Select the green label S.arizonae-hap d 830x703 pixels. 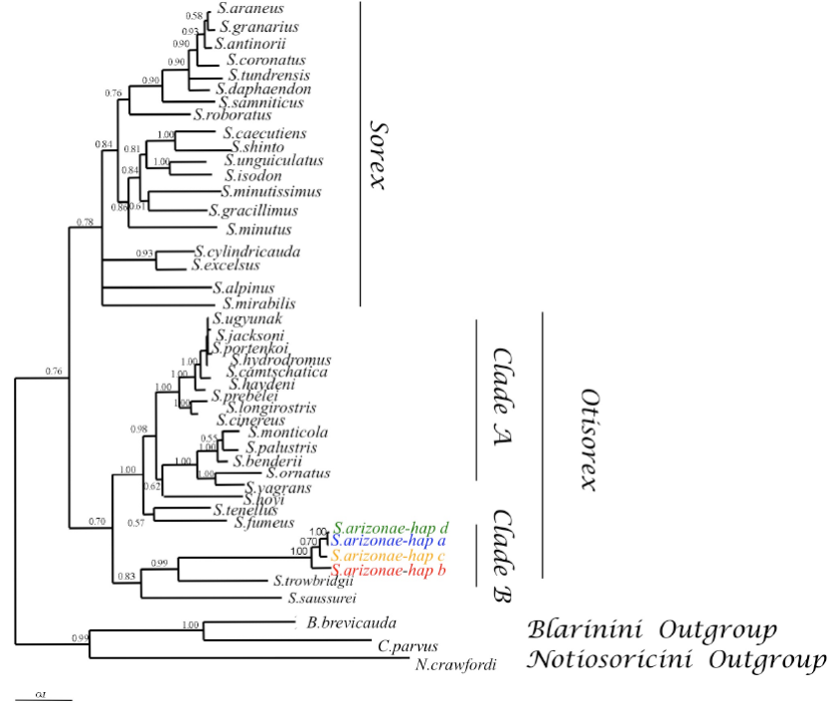click(392, 528)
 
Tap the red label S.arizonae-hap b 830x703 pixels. click(389, 571)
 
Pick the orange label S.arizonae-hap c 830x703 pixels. click(389, 556)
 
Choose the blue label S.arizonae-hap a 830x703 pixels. click(389, 542)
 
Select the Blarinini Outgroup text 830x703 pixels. click(651, 630)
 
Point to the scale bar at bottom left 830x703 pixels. click(44, 699)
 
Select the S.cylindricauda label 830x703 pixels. click(248, 252)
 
